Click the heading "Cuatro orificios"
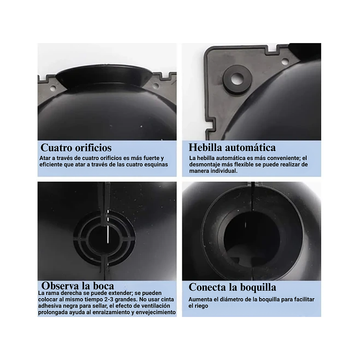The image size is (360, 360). click(76, 147)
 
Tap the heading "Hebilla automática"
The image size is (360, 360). click(232, 147)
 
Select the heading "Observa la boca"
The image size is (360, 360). click(78, 286)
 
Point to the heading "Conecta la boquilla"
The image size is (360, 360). click(232, 287)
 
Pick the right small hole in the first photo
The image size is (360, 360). click(156, 85)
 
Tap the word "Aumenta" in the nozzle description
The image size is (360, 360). click(200, 299)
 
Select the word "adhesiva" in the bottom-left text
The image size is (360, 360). click(51, 306)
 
